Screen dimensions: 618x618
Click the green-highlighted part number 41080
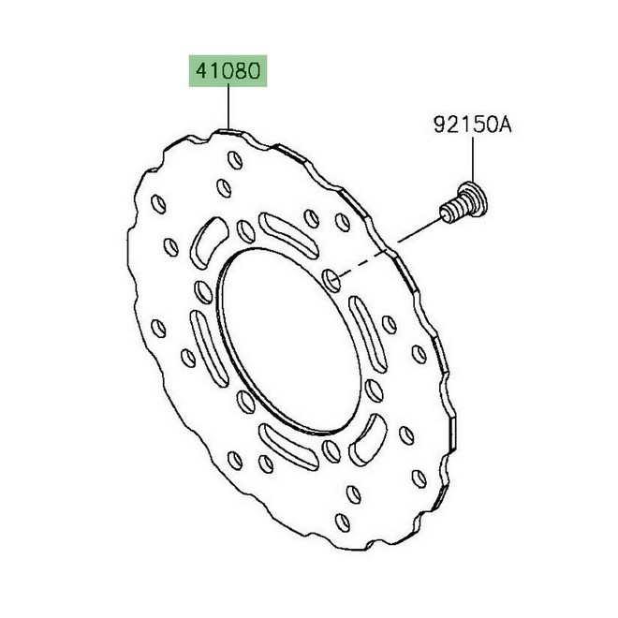(228, 71)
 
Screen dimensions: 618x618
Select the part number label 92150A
(473, 125)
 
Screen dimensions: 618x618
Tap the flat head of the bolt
(476, 199)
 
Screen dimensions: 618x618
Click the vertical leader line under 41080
(228, 107)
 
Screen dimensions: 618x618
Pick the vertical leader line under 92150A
(473, 159)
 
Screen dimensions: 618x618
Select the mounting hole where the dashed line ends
(331, 281)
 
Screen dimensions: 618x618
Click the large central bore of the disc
(289, 341)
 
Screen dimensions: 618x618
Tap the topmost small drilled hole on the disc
(235, 160)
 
